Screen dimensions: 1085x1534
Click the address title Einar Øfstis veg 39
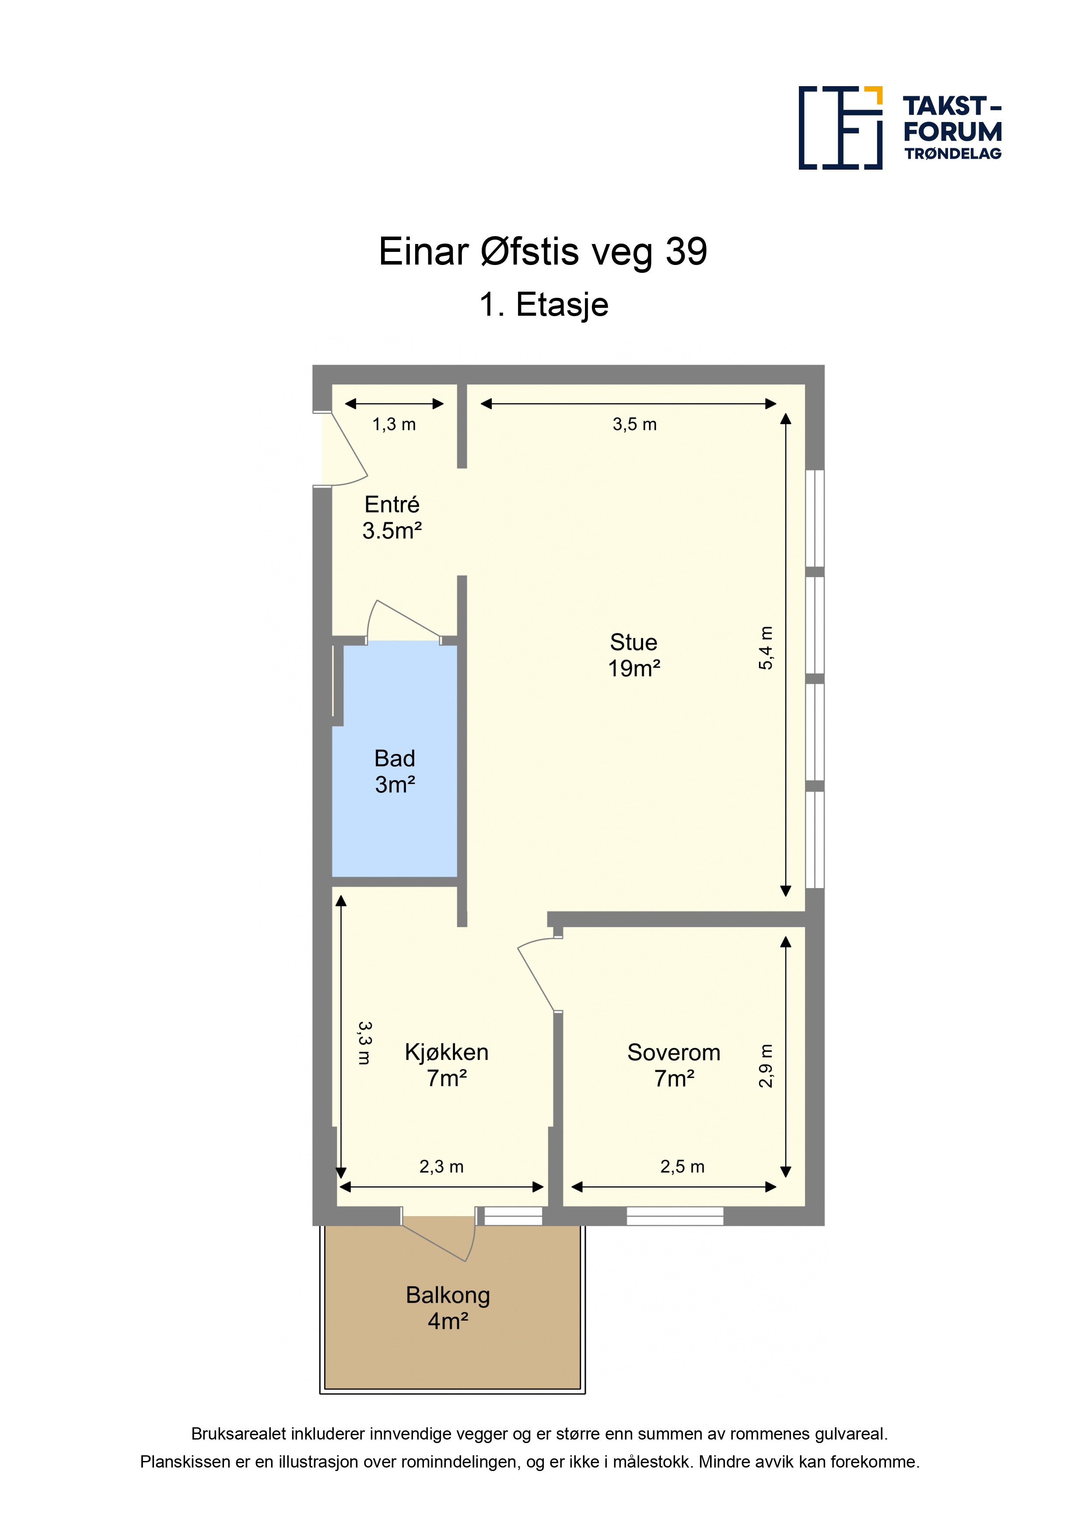543,252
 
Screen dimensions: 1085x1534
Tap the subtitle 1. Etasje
543,305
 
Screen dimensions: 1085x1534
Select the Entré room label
392,517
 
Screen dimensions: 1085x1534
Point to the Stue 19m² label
634,655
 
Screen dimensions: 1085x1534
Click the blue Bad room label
395,771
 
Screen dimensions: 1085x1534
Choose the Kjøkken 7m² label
447,1065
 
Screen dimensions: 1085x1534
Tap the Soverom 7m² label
674,1065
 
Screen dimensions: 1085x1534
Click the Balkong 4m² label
448,1307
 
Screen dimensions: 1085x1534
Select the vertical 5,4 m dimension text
766,648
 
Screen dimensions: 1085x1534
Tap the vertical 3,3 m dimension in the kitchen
364,1042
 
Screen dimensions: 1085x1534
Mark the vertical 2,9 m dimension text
766,1066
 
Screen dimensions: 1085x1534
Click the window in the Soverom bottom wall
675,1216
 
